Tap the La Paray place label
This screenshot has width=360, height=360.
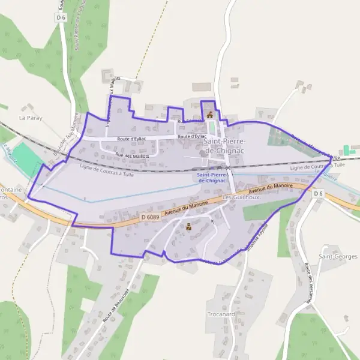coord(29,118)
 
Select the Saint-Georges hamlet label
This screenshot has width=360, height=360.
coord(338,256)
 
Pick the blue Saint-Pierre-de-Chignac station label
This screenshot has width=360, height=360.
coord(211,177)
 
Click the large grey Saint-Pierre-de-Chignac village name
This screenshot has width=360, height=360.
coord(224,146)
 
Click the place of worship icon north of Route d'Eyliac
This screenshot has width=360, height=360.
coord(209,115)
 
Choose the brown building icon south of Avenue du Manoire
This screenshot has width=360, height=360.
coord(189,226)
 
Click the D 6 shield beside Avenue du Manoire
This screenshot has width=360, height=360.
coord(318,193)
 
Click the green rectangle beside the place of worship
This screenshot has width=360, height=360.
coord(212,128)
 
